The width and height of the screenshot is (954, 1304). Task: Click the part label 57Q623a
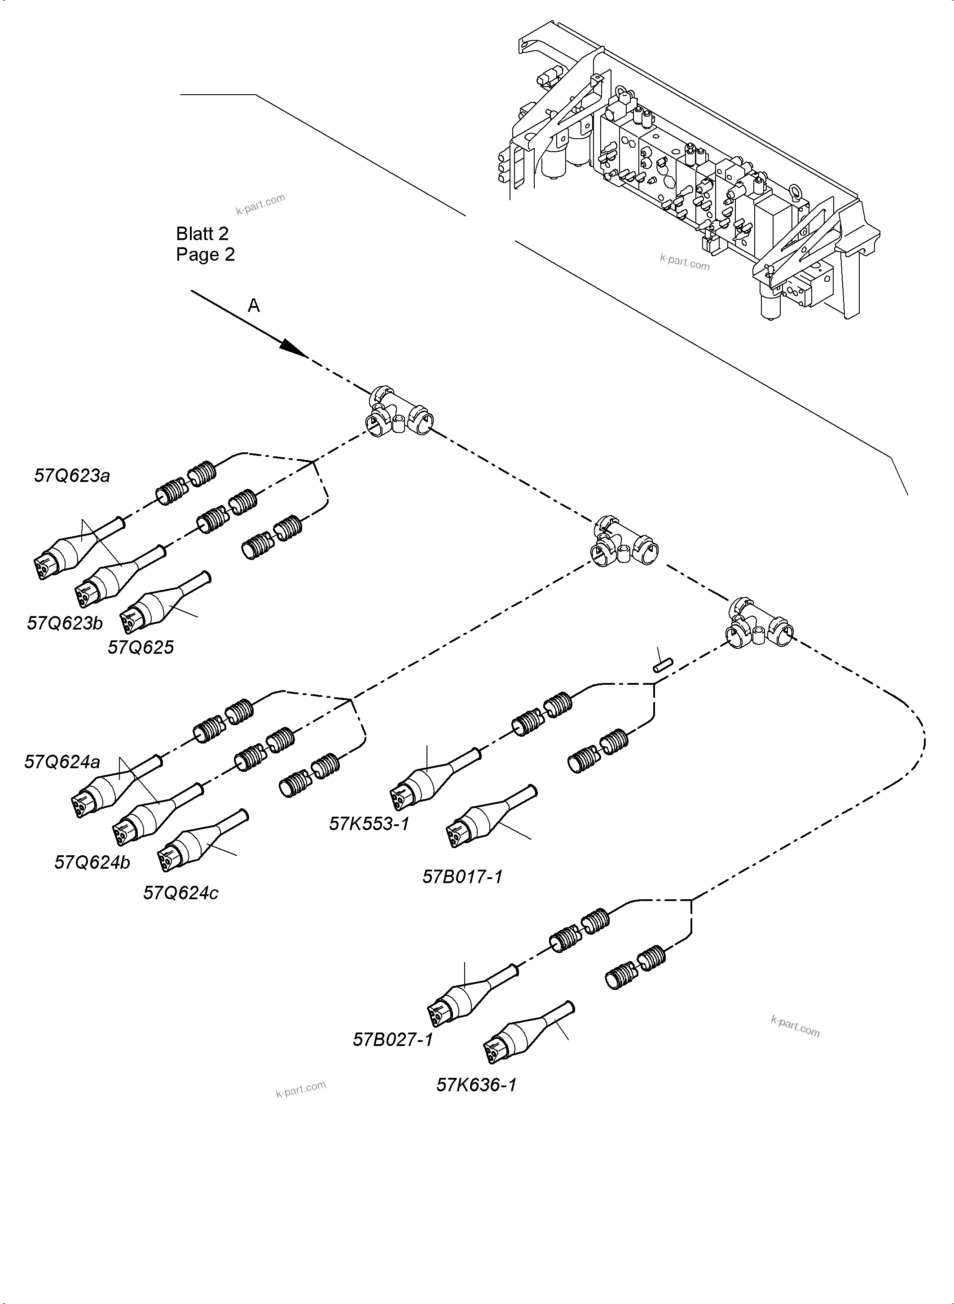(72, 476)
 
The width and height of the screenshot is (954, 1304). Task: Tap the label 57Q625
(141, 648)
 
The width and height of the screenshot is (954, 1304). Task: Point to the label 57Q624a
(62, 762)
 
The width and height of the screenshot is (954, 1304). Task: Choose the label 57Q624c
(181, 893)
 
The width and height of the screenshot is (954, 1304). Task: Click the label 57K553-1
(369, 824)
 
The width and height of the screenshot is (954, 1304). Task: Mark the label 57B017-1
(462, 877)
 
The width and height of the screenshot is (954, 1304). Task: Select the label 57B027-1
(393, 1040)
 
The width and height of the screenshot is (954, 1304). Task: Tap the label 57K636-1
(476, 1085)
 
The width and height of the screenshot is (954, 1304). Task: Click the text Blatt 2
(202, 234)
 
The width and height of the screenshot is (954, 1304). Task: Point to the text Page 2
(206, 254)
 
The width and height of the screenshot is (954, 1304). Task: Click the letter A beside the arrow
(254, 306)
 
